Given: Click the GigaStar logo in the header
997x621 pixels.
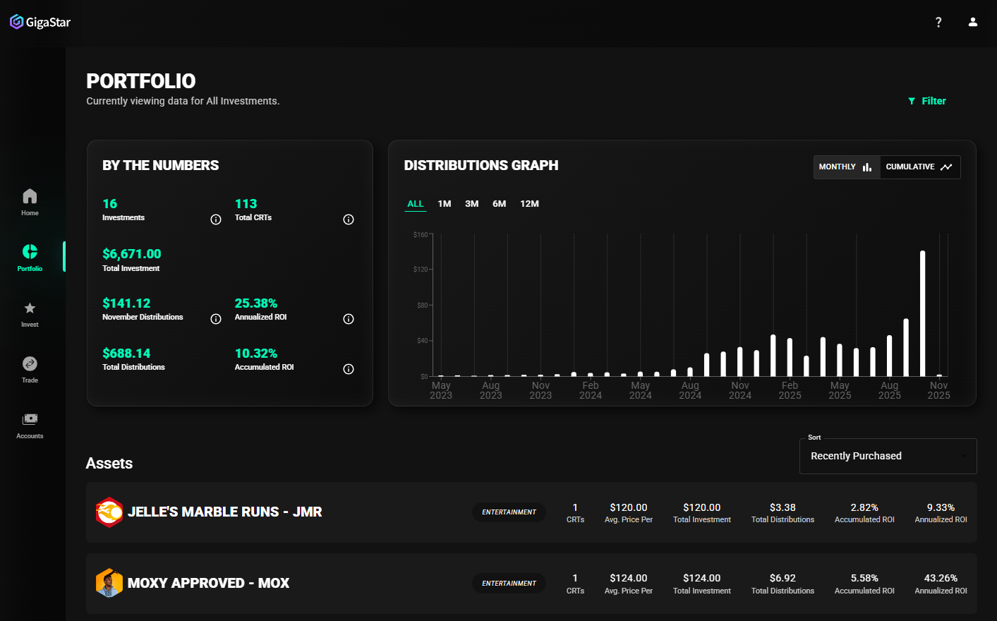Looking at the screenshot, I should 40,22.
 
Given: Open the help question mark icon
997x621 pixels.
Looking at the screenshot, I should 938,22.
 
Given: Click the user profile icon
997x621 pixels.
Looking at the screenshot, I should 973,22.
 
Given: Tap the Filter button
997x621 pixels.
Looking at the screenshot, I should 927,101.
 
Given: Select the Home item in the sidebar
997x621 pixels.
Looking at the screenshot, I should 30,202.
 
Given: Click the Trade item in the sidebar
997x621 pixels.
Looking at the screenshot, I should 30,369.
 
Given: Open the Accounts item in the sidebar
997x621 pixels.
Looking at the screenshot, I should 30,425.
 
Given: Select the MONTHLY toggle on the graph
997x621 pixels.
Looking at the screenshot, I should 846,167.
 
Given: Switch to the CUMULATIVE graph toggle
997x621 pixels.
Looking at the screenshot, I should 919,167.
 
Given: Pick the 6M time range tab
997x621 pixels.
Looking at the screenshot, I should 499,204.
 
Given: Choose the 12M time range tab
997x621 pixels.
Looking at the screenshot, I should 529,204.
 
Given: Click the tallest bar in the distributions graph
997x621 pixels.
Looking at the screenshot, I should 922,313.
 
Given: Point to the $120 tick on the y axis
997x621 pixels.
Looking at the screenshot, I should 421,270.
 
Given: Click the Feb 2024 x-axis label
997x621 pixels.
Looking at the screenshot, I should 591,390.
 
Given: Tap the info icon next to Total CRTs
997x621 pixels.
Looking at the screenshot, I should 349,219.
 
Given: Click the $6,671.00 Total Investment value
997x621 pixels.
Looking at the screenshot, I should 132,254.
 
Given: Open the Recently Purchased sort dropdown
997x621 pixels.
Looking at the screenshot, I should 888,456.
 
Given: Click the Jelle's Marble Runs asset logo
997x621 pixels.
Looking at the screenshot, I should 109,512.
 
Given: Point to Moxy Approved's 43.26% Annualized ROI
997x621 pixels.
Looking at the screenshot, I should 941,578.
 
